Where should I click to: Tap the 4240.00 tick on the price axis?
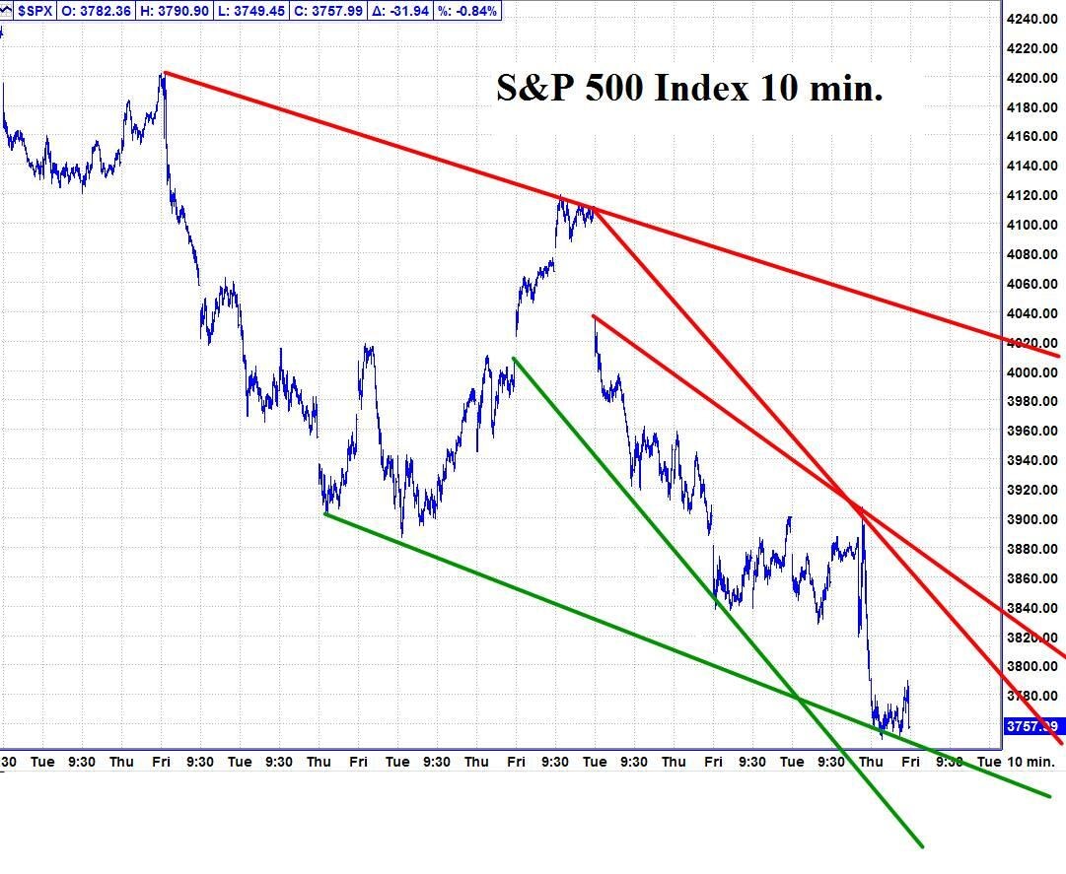click(1030, 19)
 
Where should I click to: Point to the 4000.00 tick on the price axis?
click(1030, 372)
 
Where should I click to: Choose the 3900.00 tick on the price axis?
click(1030, 519)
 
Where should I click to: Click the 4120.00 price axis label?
click(1030, 195)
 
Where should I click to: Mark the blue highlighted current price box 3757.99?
click(1031, 726)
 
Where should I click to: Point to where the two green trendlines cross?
click(798, 700)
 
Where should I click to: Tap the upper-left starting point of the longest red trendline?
click(164, 72)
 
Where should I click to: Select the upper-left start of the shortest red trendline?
click(593, 316)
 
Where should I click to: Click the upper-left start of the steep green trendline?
click(514, 358)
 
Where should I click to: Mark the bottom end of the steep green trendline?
click(921, 846)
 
